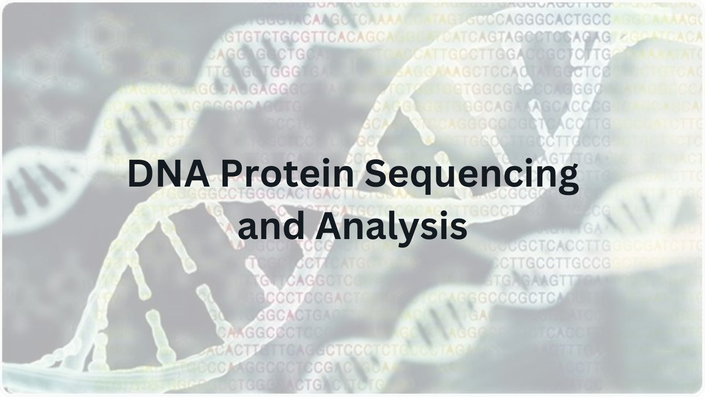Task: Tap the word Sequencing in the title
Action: [x=474, y=176]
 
